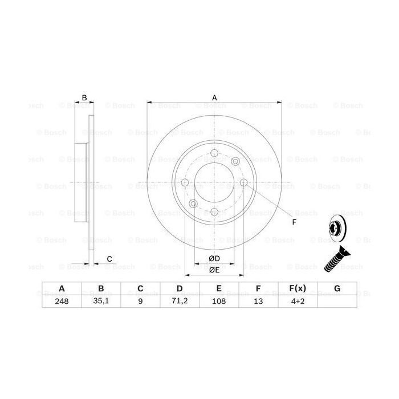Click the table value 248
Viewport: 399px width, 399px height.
click(x=62, y=302)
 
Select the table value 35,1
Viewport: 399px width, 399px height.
click(x=101, y=302)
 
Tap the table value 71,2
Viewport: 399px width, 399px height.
click(x=179, y=302)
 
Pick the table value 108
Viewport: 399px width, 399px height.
click(x=218, y=302)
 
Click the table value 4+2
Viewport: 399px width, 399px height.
click(x=298, y=302)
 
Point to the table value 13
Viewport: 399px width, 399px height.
click(x=258, y=302)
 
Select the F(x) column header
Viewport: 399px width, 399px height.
click(x=298, y=289)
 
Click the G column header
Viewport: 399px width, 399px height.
click(x=337, y=289)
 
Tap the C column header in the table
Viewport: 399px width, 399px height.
click(x=140, y=289)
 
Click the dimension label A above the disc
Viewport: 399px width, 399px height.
click(x=214, y=97)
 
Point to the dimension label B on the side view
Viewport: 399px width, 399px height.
click(x=84, y=97)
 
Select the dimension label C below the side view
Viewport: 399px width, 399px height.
click(x=109, y=259)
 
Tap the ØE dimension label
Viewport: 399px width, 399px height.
click(x=214, y=270)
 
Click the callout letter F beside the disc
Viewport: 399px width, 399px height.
click(x=294, y=222)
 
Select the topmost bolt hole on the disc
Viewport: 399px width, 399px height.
click(x=214, y=153)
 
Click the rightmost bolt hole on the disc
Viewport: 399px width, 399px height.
click(x=243, y=182)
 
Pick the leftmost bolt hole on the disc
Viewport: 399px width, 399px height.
click(x=185, y=182)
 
